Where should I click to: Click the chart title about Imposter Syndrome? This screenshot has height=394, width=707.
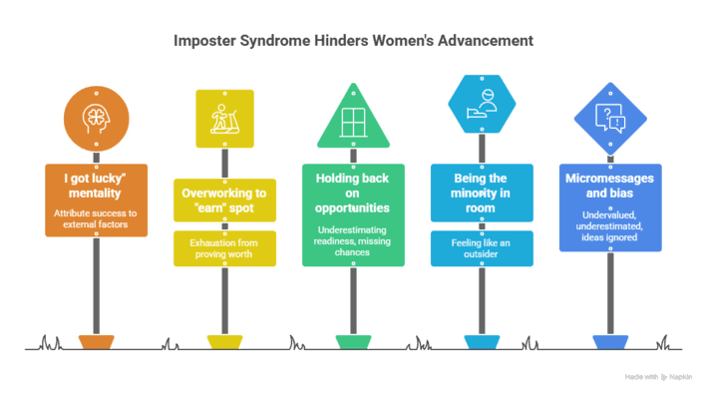point(353,42)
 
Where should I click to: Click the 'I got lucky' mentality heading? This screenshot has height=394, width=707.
point(95,185)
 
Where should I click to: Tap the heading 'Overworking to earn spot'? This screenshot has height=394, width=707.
point(223,198)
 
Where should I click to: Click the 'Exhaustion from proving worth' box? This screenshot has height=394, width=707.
point(223,248)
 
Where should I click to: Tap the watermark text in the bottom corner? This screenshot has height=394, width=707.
point(659,377)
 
